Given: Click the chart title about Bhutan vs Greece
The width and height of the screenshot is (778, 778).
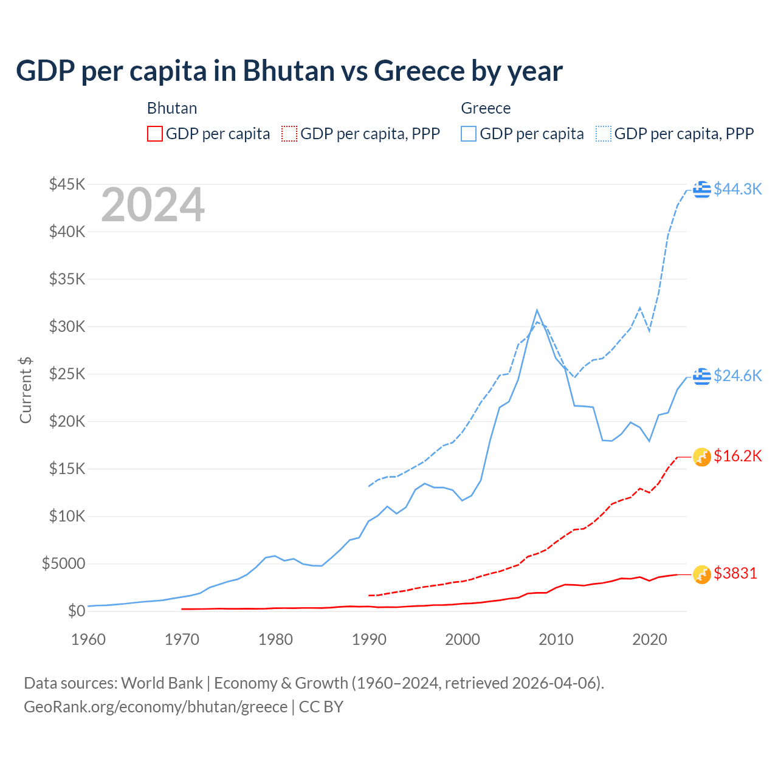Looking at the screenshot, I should (x=289, y=71).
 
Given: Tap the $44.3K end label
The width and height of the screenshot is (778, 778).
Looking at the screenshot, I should (x=737, y=189).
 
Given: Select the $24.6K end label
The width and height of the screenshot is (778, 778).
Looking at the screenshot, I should (x=737, y=376).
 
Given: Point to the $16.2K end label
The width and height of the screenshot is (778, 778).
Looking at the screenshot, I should (x=737, y=456).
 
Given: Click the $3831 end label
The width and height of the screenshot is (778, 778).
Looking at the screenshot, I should (x=735, y=573).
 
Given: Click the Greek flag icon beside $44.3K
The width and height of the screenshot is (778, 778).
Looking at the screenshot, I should (x=702, y=190).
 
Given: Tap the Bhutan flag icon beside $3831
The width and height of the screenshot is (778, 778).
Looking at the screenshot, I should (x=702, y=574).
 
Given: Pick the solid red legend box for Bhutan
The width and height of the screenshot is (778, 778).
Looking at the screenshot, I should (x=155, y=134).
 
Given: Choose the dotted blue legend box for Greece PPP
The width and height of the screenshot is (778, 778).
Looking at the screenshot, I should (x=604, y=134).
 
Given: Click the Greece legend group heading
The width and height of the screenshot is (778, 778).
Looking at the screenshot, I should (x=486, y=108).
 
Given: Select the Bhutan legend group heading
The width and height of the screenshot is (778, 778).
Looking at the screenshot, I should (x=172, y=108).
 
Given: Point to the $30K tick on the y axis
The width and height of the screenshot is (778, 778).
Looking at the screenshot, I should (x=67, y=326).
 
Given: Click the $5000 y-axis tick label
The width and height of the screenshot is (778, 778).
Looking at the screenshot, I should (x=63, y=563).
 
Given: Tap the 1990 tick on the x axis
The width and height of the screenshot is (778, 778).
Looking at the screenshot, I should (x=369, y=639).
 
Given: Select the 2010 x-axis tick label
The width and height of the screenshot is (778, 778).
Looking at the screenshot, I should (x=556, y=639).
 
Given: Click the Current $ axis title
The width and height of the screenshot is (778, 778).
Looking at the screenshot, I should (x=26, y=390).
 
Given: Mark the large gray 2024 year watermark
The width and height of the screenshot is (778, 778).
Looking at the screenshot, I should (x=153, y=205).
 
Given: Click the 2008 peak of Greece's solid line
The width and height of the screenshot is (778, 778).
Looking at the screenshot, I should (x=537, y=311).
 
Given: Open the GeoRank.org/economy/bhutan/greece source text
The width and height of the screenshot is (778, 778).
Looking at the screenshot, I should (x=156, y=707).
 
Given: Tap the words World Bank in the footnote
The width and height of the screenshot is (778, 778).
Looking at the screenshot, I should (x=162, y=683).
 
